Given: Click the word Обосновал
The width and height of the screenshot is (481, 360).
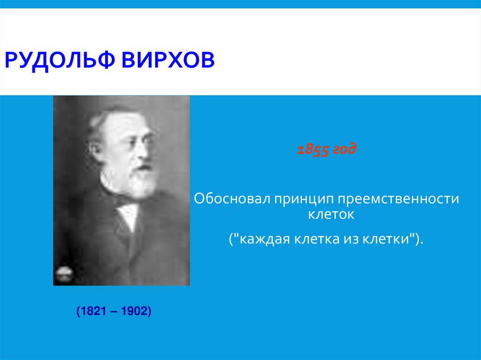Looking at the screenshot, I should click(225, 199).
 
